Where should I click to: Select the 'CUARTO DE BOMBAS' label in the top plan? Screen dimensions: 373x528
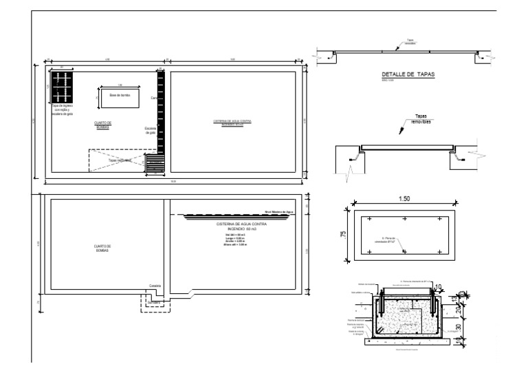pyautogui.click(x=102, y=125)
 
